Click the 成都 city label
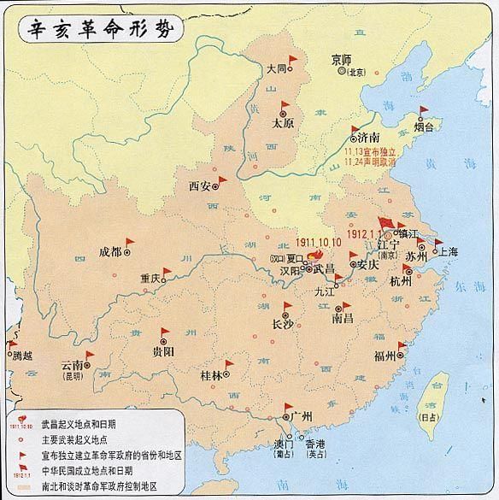click(110, 251)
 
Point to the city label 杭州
click(400, 282)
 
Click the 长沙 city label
click(282, 324)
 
